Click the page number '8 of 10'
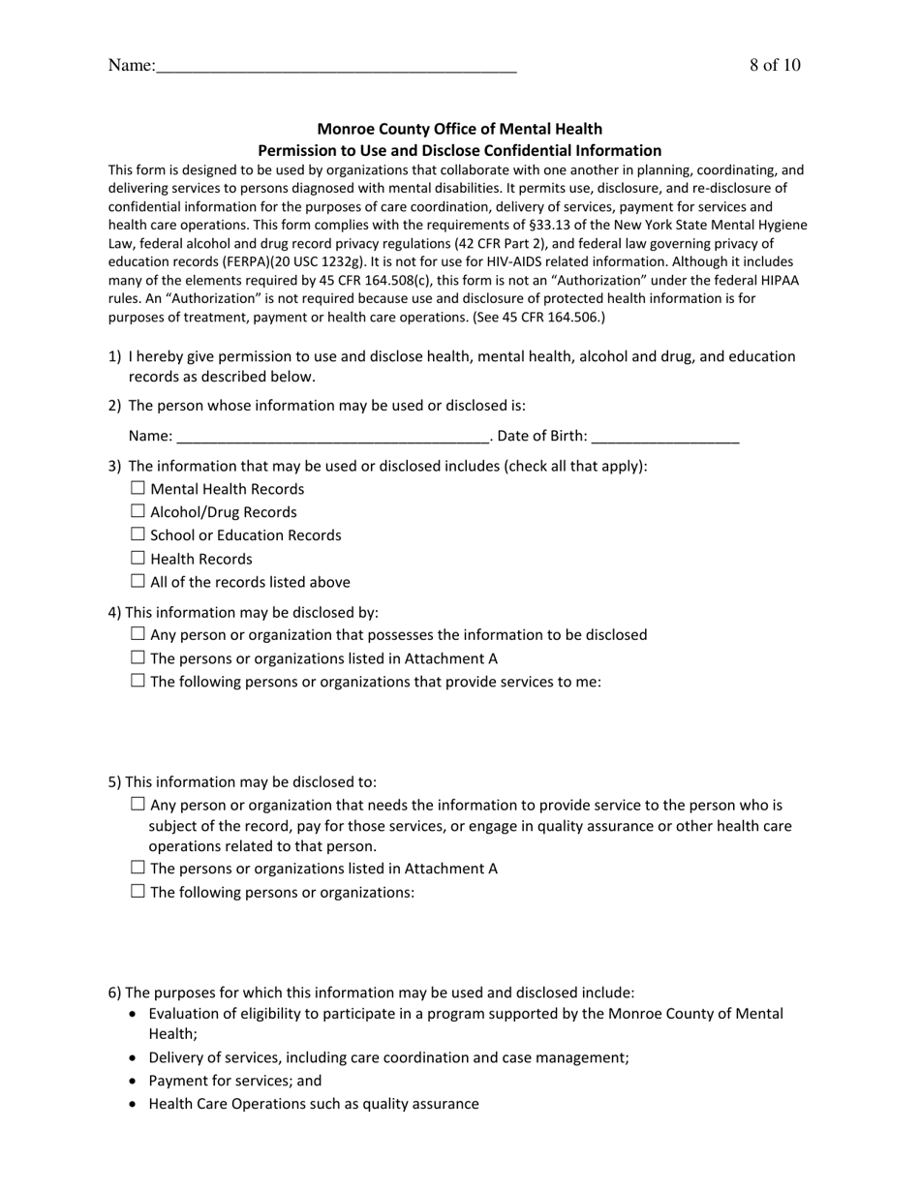coord(774,66)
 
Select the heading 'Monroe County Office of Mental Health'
coord(459,129)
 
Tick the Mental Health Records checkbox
coord(138,488)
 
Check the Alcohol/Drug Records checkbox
coord(138,511)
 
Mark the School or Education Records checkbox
coord(138,534)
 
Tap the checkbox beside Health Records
coord(138,558)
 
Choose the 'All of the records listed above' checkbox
coord(138,581)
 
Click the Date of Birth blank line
coord(665,437)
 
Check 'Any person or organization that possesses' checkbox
coord(138,634)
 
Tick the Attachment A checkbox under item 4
coord(138,657)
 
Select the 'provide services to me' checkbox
coord(138,681)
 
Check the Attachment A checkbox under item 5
coord(138,868)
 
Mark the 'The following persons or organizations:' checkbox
coord(138,891)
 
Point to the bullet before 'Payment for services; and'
coord(133,1081)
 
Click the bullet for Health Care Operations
coord(133,1104)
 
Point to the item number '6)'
coord(114,992)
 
